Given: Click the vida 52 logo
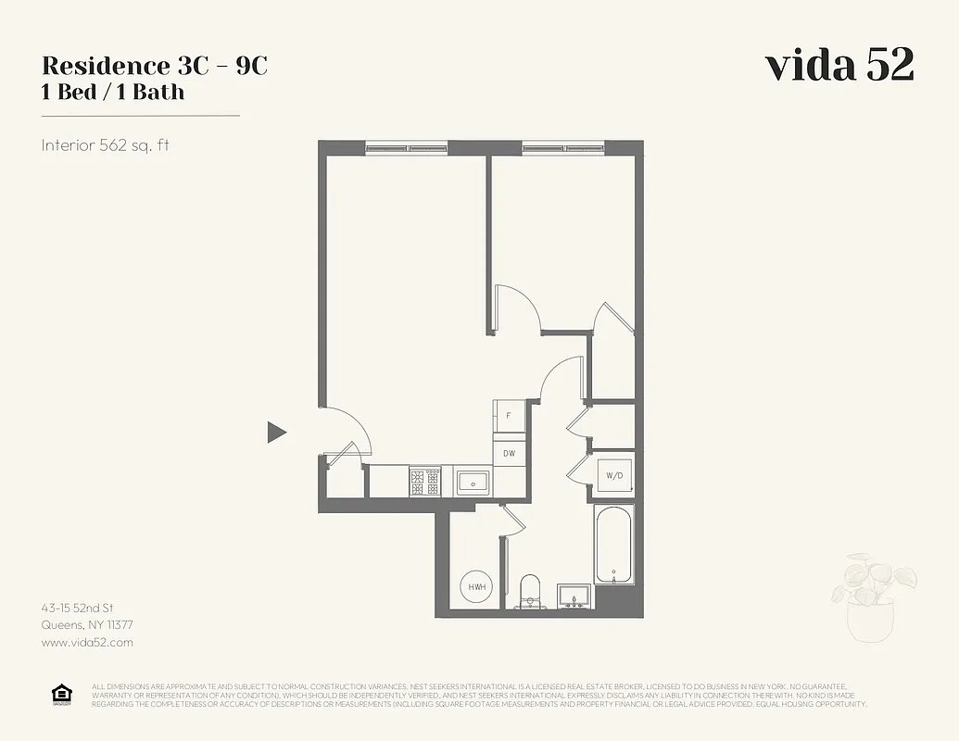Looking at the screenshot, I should (x=839, y=65).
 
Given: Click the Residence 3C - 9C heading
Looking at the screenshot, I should (x=155, y=66).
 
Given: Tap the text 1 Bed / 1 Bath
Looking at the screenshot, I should (x=113, y=92).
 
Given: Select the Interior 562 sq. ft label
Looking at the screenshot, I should (x=105, y=145).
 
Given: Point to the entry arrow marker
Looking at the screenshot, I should (x=276, y=432).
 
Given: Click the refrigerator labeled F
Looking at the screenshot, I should (x=509, y=416).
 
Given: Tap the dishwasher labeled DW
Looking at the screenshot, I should (x=509, y=453).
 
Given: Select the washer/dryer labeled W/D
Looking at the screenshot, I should (x=613, y=475).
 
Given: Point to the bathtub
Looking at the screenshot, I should (x=613, y=544).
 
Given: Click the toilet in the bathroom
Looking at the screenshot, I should (x=530, y=591).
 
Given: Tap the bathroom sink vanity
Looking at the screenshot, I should (x=575, y=595).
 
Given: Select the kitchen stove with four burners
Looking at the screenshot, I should (x=425, y=482).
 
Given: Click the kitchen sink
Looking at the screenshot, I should (x=473, y=482).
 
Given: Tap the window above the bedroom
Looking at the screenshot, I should (x=563, y=146).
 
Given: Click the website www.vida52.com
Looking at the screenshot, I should (x=87, y=642).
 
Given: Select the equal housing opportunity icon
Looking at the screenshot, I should (x=62, y=695).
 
